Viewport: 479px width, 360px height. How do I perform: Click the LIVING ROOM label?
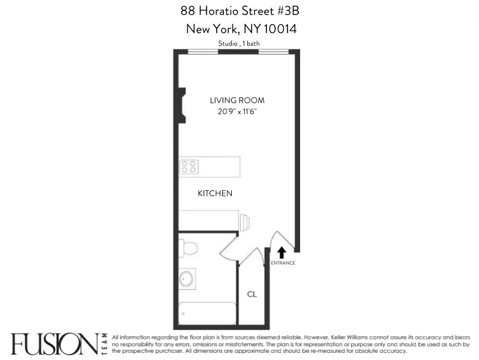(x=236, y=100)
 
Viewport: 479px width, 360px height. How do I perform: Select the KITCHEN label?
(x=215, y=194)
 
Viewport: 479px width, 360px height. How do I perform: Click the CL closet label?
(x=252, y=295)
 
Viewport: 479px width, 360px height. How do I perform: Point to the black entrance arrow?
(x=282, y=253)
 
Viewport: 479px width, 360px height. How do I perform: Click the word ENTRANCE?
(x=283, y=263)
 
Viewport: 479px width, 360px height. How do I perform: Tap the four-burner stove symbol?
(x=190, y=166)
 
